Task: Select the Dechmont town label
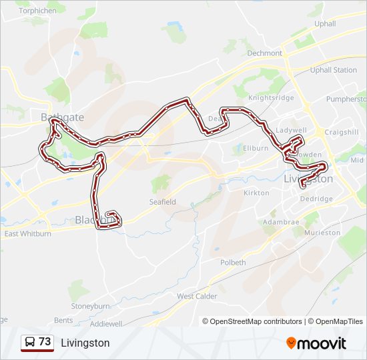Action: click(x=265, y=53)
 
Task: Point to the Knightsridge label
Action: click(x=270, y=97)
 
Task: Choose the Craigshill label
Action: click(x=342, y=132)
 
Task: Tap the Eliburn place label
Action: click(x=256, y=148)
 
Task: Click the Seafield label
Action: click(x=162, y=201)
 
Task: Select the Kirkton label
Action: click(x=256, y=193)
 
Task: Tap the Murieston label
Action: click(x=322, y=233)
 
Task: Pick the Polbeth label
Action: click(x=234, y=263)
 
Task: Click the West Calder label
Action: click(x=197, y=296)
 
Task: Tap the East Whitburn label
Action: click(x=28, y=234)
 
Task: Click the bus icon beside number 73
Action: click(x=30, y=343)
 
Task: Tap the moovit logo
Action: click(x=316, y=343)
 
